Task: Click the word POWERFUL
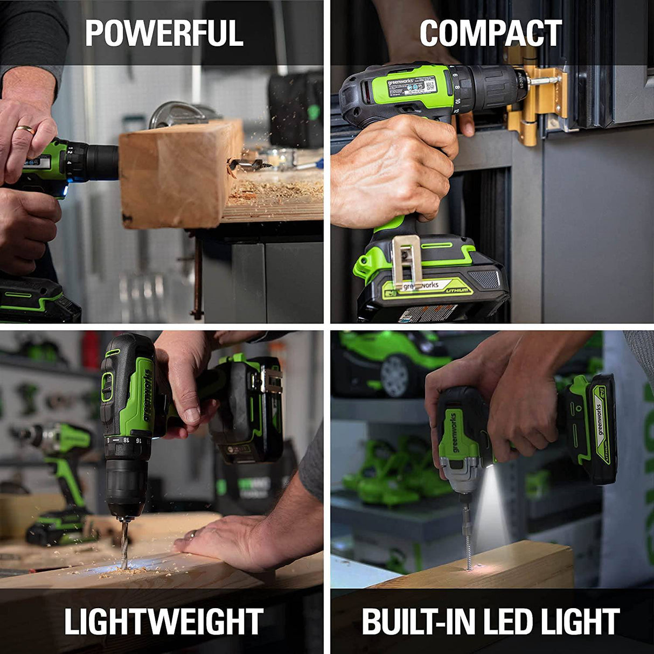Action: [164, 33]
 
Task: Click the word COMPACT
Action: [490, 33]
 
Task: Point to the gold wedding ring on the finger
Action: [25, 129]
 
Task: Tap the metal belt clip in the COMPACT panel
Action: [406, 259]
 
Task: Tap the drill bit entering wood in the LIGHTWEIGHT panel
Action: [124, 544]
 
